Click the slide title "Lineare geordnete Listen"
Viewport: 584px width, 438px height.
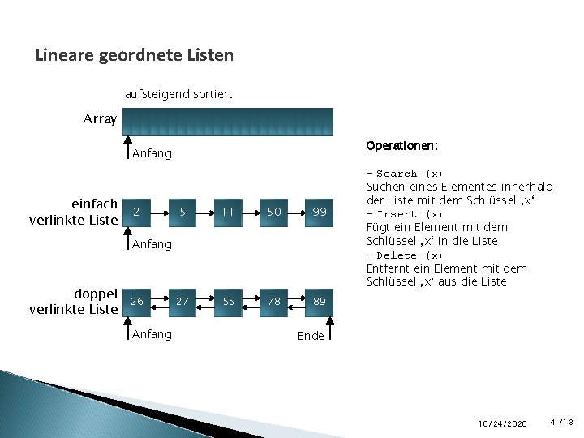pos(135,56)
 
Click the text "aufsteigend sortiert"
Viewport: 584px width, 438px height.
pos(178,94)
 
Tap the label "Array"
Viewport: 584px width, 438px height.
pos(100,119)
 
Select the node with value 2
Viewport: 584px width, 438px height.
pos(137,212)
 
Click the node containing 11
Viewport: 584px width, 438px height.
pos(229,212)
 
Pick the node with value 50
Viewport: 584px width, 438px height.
pos(274,212)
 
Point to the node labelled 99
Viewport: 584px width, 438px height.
pos(320,212)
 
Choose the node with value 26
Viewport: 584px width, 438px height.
pos(137,301)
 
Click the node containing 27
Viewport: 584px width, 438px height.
pos(182,301)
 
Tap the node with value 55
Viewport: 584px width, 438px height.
pos(229,301)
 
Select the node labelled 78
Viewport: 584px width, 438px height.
pos(274,301)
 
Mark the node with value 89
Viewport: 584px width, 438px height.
pos(320,301)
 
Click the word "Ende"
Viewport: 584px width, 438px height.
pos(311,336)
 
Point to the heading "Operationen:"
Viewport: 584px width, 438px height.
pos(402,147)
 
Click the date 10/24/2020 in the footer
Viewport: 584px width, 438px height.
pos(502,423)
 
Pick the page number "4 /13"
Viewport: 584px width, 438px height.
pos(561,423)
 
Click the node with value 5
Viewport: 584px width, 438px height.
pos(183,212)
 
